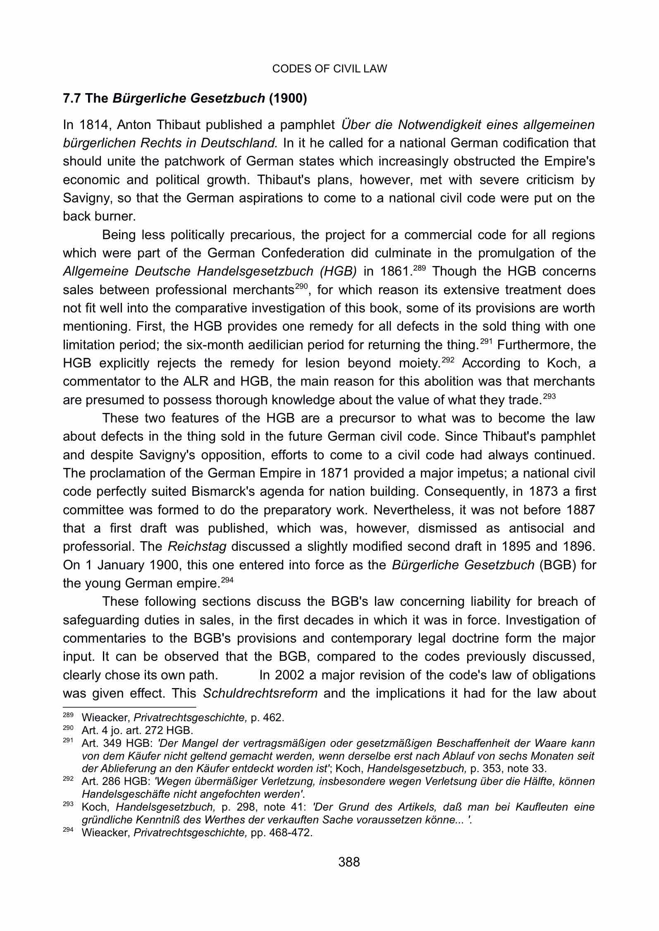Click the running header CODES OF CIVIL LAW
coord(329,69)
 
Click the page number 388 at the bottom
coord(349,862)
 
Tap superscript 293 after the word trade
coord(549,396)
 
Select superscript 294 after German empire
coord(227,580)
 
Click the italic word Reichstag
coord(197,547)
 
